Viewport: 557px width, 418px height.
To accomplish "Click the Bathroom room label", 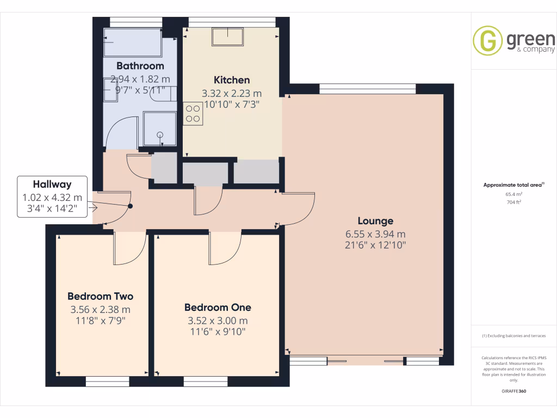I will click(x=140, y=66).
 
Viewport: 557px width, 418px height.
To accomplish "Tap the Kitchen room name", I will click(x=232, y=80).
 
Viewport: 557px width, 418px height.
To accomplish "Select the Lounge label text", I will click(x=375, y=221).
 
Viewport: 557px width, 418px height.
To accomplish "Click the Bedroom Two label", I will click(x=100, y=296).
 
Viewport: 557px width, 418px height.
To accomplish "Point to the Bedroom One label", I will click(x=218, y=307).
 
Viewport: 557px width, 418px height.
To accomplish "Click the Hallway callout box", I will click(x=52, y=196).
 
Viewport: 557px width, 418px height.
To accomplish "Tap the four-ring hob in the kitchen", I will click(x=193, y=114).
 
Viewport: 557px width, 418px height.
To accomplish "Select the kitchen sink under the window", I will click(x=227, y=36).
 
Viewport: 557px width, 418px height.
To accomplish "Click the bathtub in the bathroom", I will click(x=133, y=42).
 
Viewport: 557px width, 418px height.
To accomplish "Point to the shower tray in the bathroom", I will click(x=160, y=129).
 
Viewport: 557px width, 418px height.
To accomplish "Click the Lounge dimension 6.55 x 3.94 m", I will click(x=375, y=234).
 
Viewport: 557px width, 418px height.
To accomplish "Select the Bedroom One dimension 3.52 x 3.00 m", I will click(x=218, y=321).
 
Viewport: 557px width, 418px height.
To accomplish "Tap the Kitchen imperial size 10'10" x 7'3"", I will click(x=232, y=104).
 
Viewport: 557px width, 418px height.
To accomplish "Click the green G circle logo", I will click(x=487, y=40).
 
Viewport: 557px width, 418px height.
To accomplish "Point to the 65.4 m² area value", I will click(x=514, y=194).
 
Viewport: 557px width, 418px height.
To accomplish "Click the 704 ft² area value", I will click(x=514, y=202).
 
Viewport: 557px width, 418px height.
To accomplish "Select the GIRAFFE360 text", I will click(x=514, y=391).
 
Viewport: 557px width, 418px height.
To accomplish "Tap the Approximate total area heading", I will click(x=513, y=185).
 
